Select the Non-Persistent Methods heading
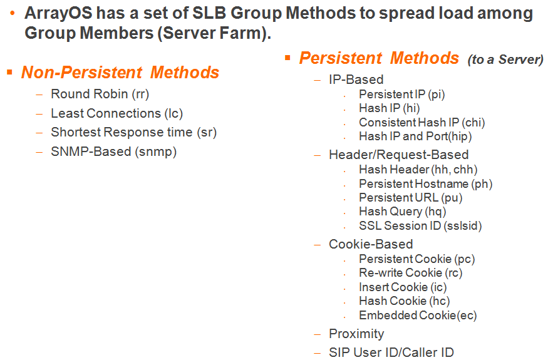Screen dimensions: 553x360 pos(120,72)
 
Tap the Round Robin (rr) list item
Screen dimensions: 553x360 pos(100,94)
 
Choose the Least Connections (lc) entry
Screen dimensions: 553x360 pos(117,113)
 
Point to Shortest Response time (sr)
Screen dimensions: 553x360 pos(134,132)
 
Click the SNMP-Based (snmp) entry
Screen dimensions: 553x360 pos(114,152)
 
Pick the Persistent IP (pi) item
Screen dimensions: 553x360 pos(402,95)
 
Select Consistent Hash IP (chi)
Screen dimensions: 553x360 pos(422,122)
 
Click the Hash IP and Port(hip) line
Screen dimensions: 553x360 pos(415,136)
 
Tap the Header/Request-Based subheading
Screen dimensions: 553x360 pos(399,155)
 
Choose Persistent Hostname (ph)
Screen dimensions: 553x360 pos(426,183)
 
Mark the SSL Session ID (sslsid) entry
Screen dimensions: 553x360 pos(420,225)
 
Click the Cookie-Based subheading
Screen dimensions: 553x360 pos(371,244)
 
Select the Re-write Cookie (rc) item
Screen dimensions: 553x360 pos(411,273)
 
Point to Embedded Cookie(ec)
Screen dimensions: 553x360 pos(418,315)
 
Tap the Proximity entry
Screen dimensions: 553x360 pos(356,334)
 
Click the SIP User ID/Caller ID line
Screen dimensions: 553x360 pos(391,352)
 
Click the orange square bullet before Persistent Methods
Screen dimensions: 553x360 pos(288,58)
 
